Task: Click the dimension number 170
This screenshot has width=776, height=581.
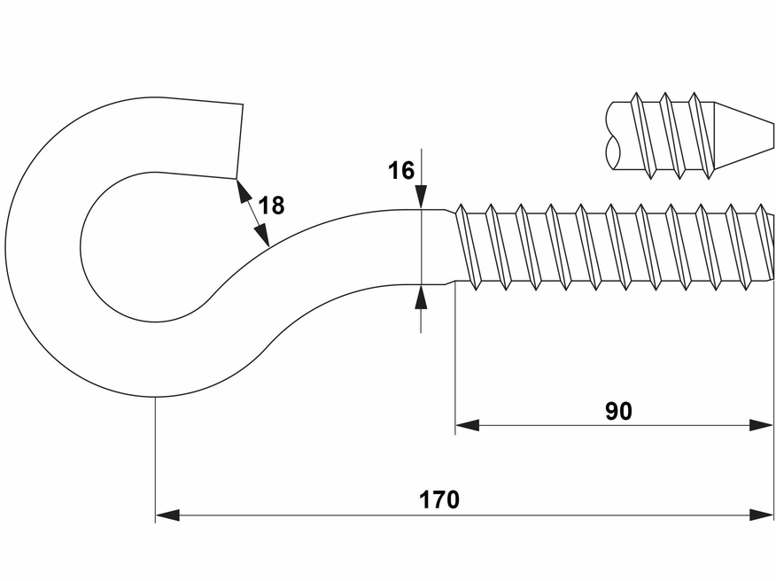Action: (439, 500)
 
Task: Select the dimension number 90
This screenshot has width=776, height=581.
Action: (618, 411)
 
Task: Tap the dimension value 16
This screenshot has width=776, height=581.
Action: (401, 170)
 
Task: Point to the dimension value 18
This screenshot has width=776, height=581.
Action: (272, 206)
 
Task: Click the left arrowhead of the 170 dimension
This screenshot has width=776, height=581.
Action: (167, 515)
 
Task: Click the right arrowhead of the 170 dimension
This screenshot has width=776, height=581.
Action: (763, 515)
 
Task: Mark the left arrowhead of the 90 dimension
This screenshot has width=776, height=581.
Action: (467, 425)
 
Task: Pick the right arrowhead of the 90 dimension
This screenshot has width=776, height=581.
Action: (763, 425)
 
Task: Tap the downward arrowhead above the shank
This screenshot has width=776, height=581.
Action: (422, 198)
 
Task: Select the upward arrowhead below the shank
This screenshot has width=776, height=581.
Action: (422, 296)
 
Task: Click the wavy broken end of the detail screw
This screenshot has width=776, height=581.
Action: (609, 137)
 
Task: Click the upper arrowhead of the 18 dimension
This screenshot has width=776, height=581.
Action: (240, 189)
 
